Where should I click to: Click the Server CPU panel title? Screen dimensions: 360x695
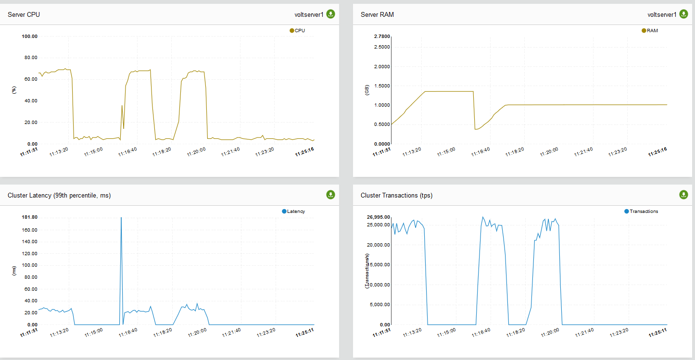(x=24, y=14)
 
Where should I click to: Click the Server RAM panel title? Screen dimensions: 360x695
(x=377, y=14)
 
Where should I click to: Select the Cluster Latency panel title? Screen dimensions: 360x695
(x=60, y=195)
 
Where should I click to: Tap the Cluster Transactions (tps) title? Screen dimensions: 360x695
(x=396, y=195)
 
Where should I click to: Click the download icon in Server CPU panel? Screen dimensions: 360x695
(x=330, y=14)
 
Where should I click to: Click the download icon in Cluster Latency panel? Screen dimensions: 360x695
(x=330, y=195)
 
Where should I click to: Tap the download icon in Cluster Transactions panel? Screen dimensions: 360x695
(x=683, y=195)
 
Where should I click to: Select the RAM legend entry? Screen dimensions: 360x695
(x=650, y=31)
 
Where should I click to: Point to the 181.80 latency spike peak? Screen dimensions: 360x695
(x=121, y=218)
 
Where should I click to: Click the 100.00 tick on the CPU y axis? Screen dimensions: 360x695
(x=29, y=36)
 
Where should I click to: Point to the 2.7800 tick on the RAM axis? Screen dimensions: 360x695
(x=382, y=36)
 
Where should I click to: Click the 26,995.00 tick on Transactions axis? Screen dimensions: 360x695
(x=379, y=217)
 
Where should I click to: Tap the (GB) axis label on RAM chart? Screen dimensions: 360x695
(x=367, y=90)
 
